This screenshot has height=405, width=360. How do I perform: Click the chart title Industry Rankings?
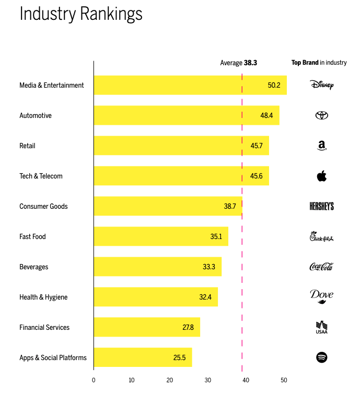click(x=81, y=14)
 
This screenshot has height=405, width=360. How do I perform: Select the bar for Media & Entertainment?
click(x=190, y=85)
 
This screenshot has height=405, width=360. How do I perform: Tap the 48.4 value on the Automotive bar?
click(x=266, y=115)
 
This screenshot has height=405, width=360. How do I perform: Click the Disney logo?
click(x=321, y=85)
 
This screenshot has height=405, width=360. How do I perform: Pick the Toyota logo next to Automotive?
click(x=321, y=115)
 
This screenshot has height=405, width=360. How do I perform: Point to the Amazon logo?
click(x=321, y=146)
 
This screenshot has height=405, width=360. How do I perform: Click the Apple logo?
click(x=321, y=176)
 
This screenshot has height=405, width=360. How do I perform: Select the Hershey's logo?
click(x=321, y=206)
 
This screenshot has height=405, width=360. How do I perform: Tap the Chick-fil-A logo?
click(x=321, y=237)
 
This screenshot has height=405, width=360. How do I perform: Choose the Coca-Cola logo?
click(x=321, y=267)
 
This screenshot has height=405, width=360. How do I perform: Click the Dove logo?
click(x=321, y=296)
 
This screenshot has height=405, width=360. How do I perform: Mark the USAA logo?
click(x=321, y=327)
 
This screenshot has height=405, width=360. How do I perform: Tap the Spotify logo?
click(x=321, y=358)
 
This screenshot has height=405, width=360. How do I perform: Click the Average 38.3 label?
click(x=238, y=63)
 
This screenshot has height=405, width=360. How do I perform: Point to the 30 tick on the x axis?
click(x=208, y=380)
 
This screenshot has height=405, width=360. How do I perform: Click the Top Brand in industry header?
click(x=319, y=63)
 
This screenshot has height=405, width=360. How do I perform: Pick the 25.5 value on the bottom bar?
click(x=180, y=358)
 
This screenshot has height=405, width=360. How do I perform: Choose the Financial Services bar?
click(x=147, y=327)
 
